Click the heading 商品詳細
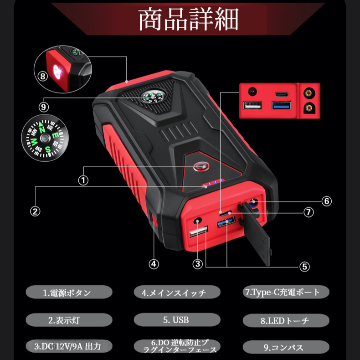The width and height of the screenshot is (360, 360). click(x=188, y=19)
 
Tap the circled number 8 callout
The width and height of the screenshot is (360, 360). click(x=42, y=76)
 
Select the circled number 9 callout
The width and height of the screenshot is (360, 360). click(x=44, y=107)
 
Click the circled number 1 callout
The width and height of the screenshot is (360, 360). click(x=83, y=180)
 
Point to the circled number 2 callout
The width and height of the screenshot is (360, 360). click(x=35, y=211)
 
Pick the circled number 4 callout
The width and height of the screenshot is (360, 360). click(x=154, y=264)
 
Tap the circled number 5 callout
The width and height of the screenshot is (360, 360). click(x=304, y=267)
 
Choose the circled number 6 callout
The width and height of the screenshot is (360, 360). click(x=326, y=201)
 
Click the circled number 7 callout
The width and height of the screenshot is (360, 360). click(x=309, y=212)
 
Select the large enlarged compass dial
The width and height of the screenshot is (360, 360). click(x=45, y=138)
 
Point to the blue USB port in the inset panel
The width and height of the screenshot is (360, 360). click(x=281, y=106)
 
